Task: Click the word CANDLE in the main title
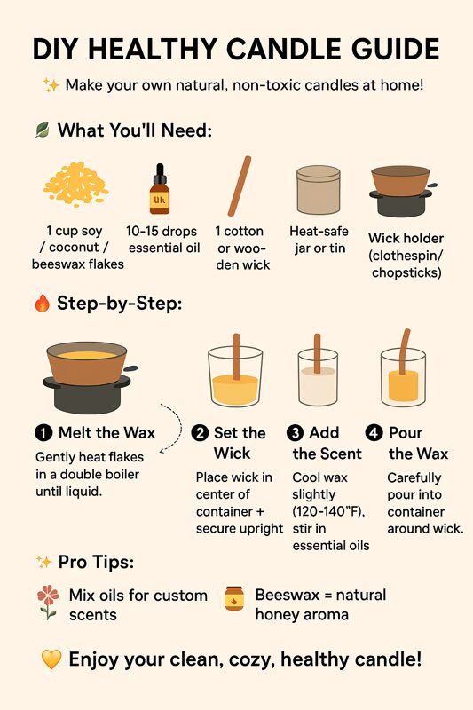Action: [x=285, y=49]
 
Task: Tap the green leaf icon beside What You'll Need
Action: [x=42, y=130]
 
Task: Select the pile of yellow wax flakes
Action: [x=76, y=184]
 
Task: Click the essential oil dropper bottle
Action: [x=160, y=189]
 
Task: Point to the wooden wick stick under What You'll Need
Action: [x=240, y=186]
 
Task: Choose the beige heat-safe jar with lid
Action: [x=319, y=189]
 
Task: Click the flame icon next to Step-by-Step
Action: [x=42, y=303]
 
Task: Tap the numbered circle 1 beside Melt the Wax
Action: [x=43, y=433]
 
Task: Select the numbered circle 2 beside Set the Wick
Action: [x=200, y=433]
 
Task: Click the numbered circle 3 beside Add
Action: [x=296, y=433]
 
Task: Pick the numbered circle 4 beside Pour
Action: [x=374, y=433]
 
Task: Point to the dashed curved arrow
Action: [x=179, y=426]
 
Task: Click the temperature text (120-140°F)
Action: [x=328, y=511]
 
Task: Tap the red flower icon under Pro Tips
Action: [x=48, y=603]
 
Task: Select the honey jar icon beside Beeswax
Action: [x=234, y=598]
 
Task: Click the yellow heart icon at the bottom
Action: [x=51, y=659]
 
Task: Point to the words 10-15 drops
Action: [x=162, y=232]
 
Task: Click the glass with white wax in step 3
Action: [x=318, y=376]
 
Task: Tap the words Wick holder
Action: [x=406, y=238]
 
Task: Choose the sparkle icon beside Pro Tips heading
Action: [x=43, y=563]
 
